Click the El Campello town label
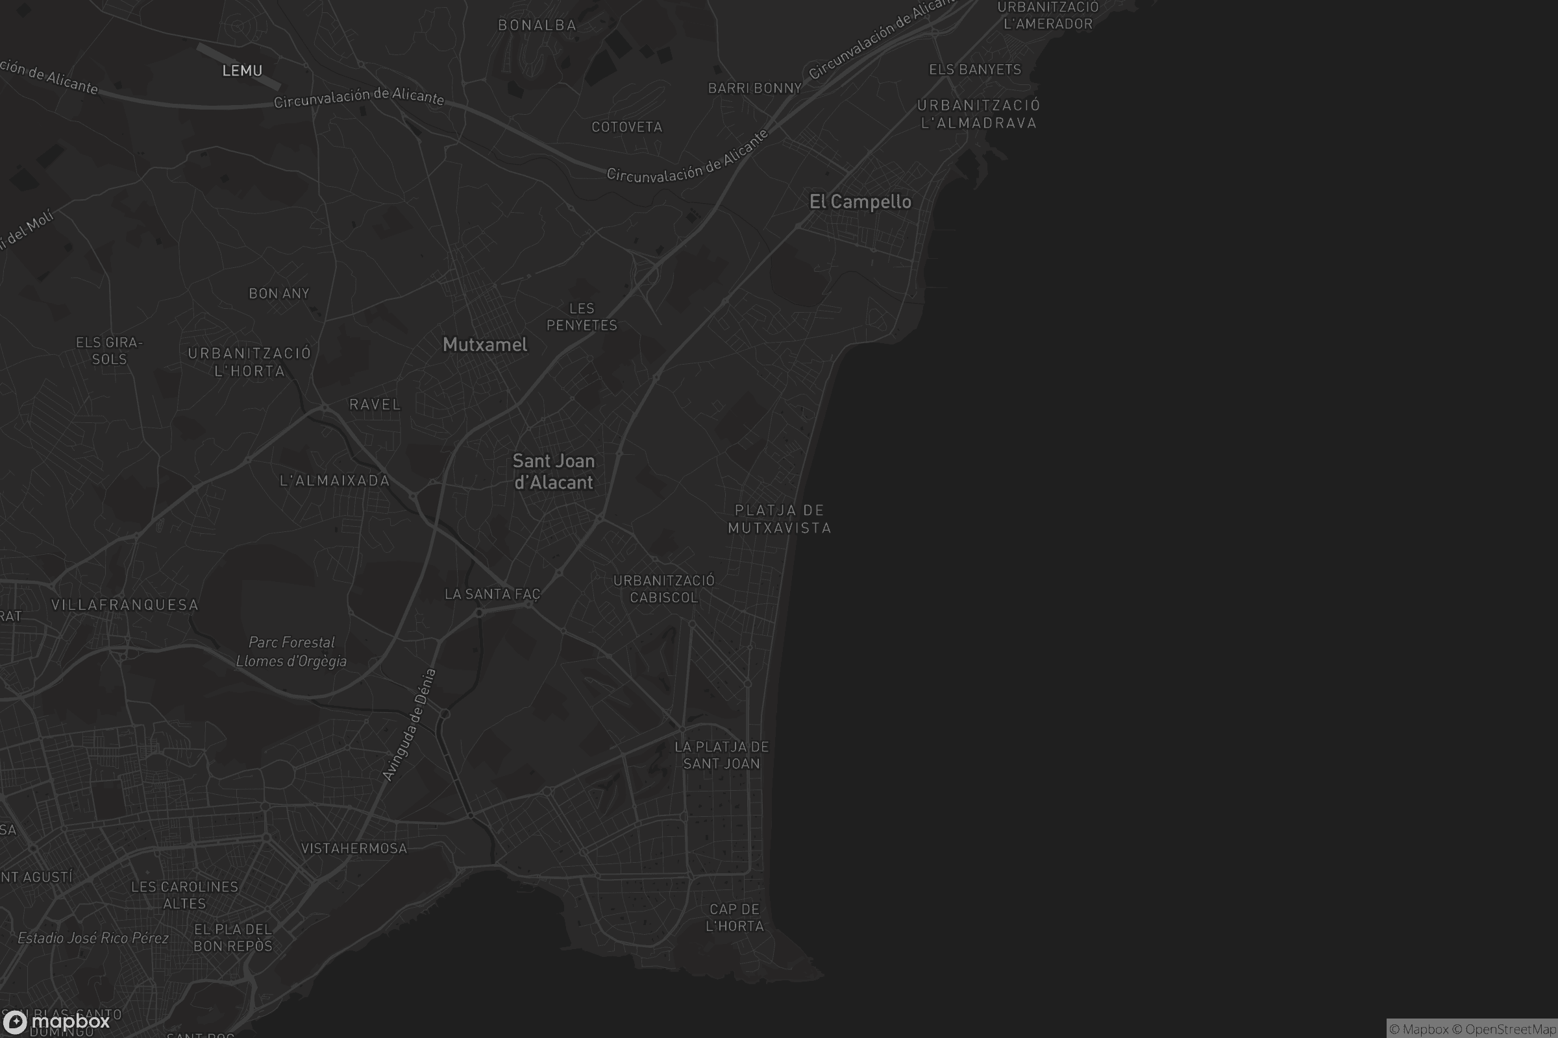[859, 202]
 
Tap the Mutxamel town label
[485, 345]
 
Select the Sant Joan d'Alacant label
[554, 472]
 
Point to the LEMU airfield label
[242, 71]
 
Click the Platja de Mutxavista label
[780, 519]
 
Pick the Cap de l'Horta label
[735, 917]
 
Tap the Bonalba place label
[538, 25]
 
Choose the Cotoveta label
[626, 127]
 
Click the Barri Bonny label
[754, 88]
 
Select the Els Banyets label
[975, 69]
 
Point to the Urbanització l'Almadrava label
[978, 114]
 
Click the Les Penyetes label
[582, 317]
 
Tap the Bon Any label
[279, 293]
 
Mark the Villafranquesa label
[125, 605]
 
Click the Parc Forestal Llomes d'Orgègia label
[291, 651]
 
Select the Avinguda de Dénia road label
[410, 725]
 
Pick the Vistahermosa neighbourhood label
[354, 849]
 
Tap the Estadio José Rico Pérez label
[93, 938]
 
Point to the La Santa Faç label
[492, 594]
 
